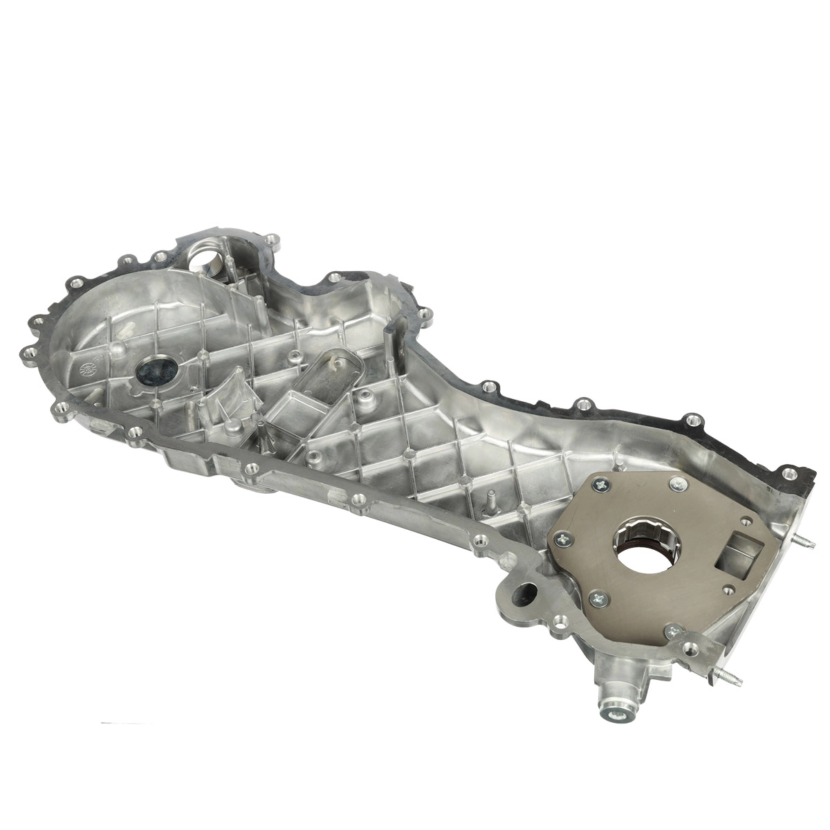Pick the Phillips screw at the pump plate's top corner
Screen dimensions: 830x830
click(x=673, y=485)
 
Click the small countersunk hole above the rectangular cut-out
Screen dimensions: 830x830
click(x=744, y=520)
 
